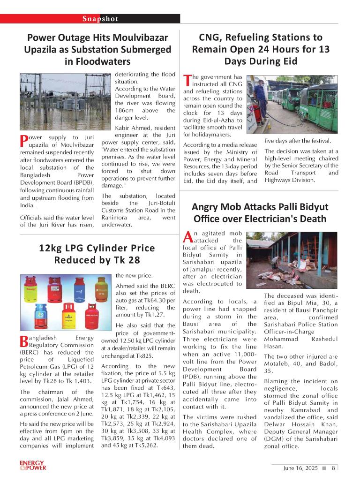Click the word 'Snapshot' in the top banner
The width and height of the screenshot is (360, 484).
click(100, 19)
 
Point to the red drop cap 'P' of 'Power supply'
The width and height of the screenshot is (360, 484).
click(24, 140)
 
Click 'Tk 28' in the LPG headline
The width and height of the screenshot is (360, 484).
click(127, 259)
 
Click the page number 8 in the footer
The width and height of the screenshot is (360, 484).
click(333, 468)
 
